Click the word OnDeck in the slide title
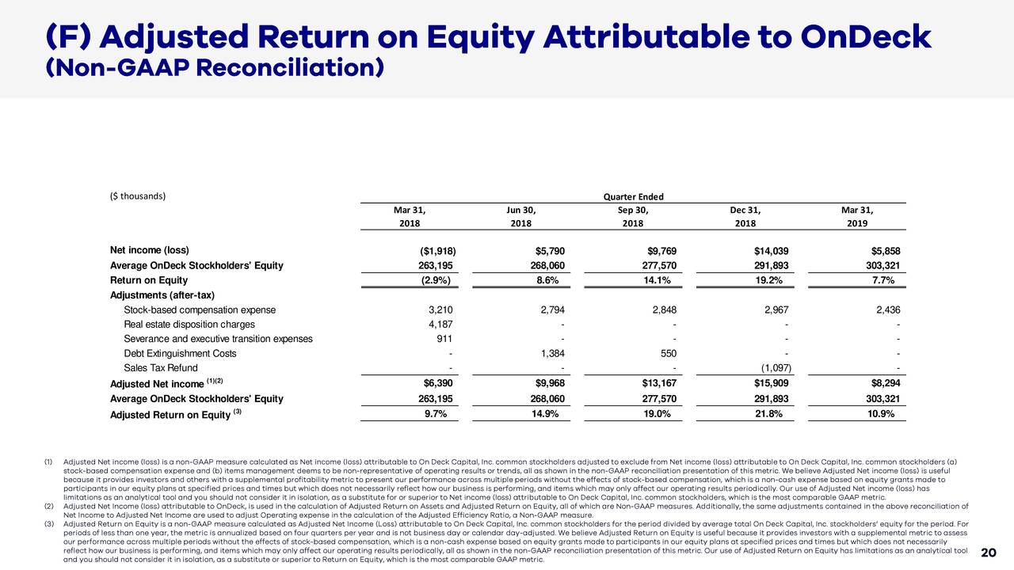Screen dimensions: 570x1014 [x=866, y=36]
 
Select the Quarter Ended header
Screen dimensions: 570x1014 [x=633, y=197]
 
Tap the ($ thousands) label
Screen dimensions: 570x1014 [x=138, y=196]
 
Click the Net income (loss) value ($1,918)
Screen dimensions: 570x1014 [x=432, y=251]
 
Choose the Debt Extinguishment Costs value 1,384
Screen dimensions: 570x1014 [x=551, y=354]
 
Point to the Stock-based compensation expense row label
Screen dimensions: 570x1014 [x=200, y=310]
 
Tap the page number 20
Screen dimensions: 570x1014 [x=988, y=553]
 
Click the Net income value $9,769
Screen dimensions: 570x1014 [x=661, y=251]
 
